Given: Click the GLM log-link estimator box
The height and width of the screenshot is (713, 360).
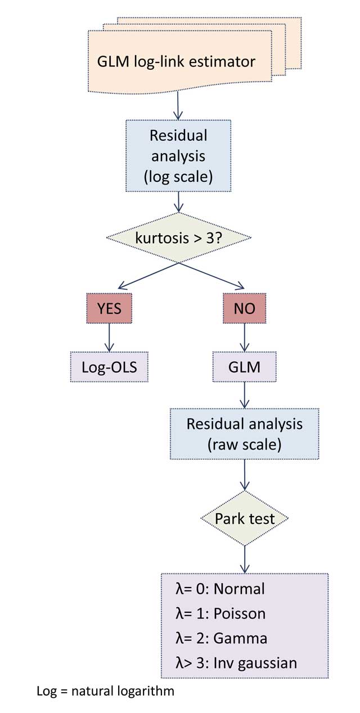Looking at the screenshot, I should [180, 60].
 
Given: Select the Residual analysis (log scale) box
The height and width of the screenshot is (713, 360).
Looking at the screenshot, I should [178, 156].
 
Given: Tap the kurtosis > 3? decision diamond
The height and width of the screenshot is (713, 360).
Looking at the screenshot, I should [178, 237].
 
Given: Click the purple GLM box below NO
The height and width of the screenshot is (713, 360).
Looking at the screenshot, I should [244, 367].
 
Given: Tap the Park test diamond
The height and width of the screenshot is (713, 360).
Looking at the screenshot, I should [244, 518].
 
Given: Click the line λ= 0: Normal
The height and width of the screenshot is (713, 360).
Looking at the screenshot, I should [220, 589].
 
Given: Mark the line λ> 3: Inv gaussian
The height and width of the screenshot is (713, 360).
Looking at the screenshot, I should [236, 663].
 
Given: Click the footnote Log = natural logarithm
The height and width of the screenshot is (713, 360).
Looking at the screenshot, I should [105, 691].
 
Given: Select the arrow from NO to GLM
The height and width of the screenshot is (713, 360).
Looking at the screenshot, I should [244, 338].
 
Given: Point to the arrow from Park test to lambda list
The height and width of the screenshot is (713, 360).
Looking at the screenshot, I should [244, 559].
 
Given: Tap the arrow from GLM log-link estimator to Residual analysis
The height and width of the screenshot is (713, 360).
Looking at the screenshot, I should [178, 105].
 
